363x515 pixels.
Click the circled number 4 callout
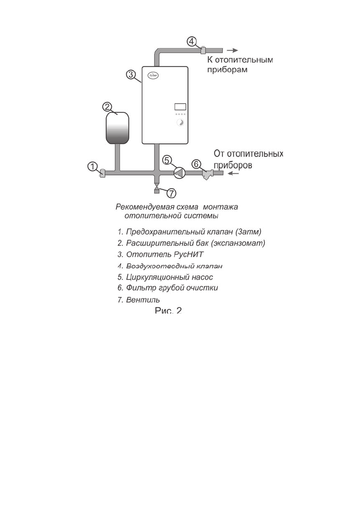[193, 42]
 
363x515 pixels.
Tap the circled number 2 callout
[108, 106]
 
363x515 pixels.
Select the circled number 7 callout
[171, 192]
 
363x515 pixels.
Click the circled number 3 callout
[131, 74]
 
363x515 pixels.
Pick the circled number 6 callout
[196, 164]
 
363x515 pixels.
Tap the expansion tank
[117, 128]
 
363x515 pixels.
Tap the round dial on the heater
[180, 122]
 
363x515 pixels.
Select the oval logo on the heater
[153, 74]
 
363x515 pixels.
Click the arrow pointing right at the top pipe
[233, 50]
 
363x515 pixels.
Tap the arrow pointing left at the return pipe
[234, 173]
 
